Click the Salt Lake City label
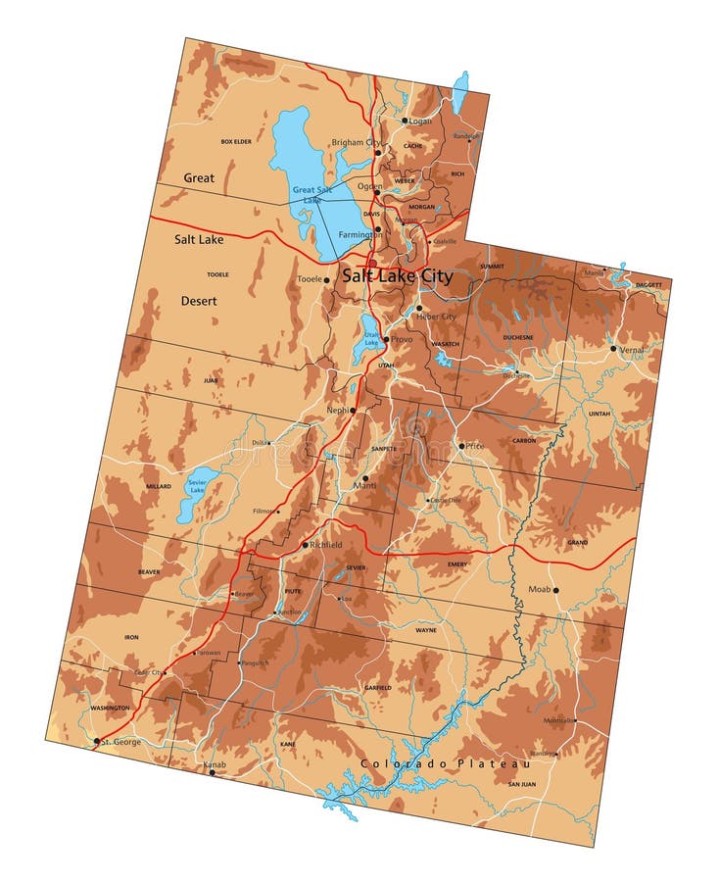tap(397, 276)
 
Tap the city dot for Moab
tap(555, 590)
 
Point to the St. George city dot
tap(96, 741)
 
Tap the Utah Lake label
tap(371, 338)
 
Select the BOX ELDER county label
tap(235, 142)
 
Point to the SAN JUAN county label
tap(522, 785)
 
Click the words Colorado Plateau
tap(445, 763)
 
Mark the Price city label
tap(475, 446)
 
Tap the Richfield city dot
tap(305, 545)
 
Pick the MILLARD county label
tap(158, 486)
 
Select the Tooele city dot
tap(326, 279)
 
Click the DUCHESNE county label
tap(518, 337)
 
